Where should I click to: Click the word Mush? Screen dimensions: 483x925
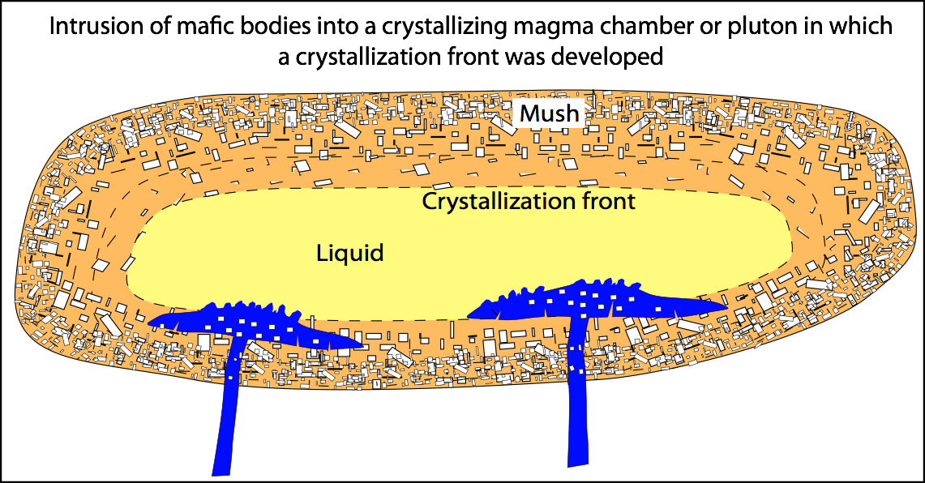[549, 113]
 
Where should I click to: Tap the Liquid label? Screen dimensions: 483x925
[349, 254]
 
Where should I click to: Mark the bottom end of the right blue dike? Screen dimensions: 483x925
[578, 464]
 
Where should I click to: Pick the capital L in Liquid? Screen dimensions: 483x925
[321, 254]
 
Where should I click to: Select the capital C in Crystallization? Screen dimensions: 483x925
[429, 201]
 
